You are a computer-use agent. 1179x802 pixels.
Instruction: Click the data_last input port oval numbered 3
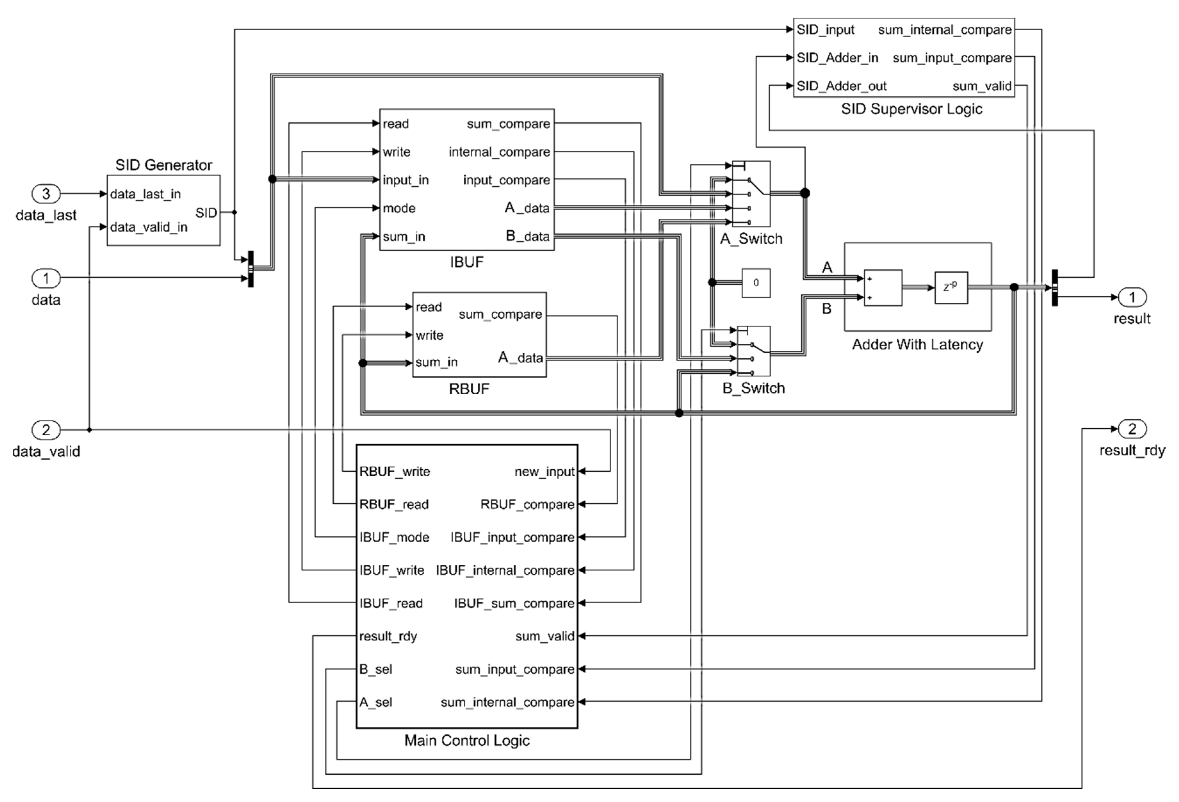[46, 193]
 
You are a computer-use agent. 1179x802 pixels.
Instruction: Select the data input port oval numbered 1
[46, 278]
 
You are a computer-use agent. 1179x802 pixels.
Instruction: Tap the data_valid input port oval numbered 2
[46, 430]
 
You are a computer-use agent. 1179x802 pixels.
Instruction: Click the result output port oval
[1132, 297]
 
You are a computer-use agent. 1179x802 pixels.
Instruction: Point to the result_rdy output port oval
[1132, 429]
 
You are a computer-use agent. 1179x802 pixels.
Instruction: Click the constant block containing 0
[756, 283]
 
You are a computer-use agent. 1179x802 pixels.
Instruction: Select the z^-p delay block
[951, 287]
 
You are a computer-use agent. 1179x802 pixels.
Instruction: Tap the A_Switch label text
[751, 239]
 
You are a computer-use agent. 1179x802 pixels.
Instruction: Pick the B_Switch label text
[753, 388]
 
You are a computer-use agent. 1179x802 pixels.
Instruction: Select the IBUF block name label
[467, 262]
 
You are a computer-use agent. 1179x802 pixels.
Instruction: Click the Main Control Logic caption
[467, 741]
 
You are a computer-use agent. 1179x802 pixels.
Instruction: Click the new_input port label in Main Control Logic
[544, 471]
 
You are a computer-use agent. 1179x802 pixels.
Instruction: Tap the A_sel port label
[376, 702]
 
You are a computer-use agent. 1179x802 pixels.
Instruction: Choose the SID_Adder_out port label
[841, 86]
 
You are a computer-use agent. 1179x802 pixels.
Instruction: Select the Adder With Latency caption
[917, 345]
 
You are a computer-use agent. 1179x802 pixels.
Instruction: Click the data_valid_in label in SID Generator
[149, 227]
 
